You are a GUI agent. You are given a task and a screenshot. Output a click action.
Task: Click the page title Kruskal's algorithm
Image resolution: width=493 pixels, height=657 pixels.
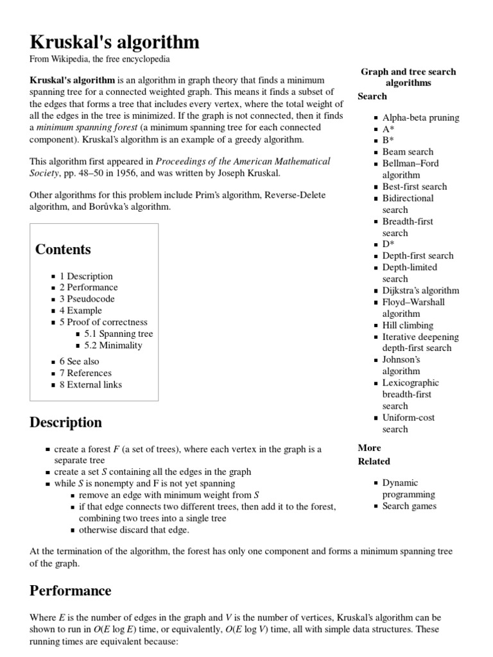(114, 42)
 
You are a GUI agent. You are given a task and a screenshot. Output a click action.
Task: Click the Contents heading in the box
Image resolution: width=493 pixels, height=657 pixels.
(63, 250)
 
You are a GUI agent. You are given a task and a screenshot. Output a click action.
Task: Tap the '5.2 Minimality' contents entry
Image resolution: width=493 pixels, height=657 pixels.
(113, 345)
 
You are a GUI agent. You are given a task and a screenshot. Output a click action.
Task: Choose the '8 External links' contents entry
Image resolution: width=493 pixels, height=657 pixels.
(91, 384)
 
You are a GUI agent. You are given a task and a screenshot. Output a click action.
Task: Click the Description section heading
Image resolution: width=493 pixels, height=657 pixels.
(65, 422)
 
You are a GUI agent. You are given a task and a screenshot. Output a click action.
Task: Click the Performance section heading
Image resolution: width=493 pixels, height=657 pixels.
(70, 590)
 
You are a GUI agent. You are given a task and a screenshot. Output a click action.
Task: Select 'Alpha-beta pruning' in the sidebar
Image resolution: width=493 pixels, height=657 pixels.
(420, 117)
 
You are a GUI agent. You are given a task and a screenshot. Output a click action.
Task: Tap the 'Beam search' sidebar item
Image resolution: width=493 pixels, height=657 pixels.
(408, 152)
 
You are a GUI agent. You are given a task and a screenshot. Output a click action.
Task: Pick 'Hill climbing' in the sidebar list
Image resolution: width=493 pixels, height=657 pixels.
(408, 325)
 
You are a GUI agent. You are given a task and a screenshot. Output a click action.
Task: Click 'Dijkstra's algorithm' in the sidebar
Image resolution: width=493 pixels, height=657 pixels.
(420, 290)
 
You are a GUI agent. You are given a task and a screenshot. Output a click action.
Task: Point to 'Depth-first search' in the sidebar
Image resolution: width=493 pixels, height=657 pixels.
(417, 255)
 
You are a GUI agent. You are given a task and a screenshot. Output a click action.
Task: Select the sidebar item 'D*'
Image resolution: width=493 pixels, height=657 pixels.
(388, 244)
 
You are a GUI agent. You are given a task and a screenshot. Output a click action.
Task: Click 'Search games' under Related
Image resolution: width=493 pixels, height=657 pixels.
(409, 506)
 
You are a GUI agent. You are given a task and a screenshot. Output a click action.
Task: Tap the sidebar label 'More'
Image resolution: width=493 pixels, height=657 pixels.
(369, 448)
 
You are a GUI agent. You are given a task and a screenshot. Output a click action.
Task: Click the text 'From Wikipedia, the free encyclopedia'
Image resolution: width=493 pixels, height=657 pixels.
(99, 59)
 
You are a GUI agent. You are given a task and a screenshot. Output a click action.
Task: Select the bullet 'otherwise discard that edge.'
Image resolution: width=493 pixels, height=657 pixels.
(134, 530)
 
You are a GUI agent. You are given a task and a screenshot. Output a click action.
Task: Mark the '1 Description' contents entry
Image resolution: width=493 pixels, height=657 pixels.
(86, 276)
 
